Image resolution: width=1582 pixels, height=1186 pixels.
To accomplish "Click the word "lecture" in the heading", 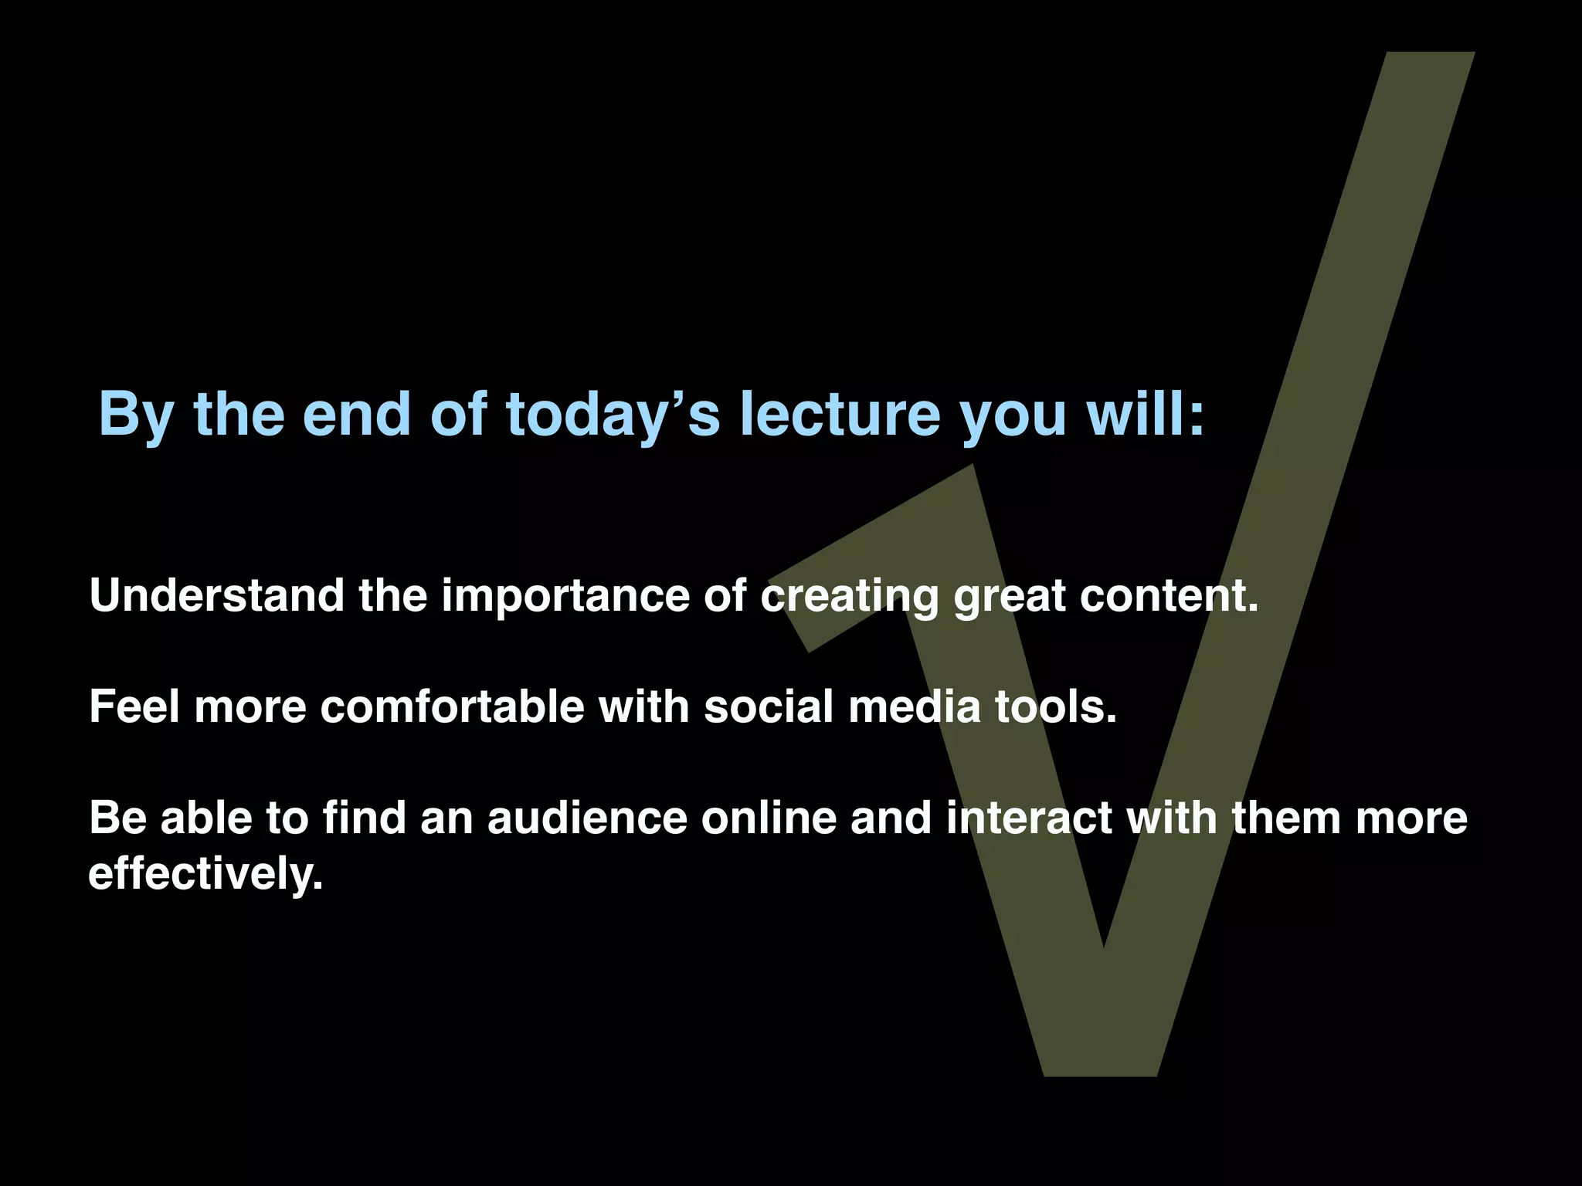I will [x=840, y=414].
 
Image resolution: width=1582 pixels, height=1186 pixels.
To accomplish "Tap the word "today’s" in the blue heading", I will [x=613, y=414].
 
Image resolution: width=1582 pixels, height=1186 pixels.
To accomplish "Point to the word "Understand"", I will [x=217, y=595].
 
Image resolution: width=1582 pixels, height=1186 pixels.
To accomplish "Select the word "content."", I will [x=1168, y=595].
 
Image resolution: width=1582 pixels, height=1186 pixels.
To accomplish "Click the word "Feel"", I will [x=134, y=707].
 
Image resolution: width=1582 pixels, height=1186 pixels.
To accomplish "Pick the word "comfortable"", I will [x=453, y=707].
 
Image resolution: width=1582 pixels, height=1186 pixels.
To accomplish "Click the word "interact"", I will [x=1030, y=818].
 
